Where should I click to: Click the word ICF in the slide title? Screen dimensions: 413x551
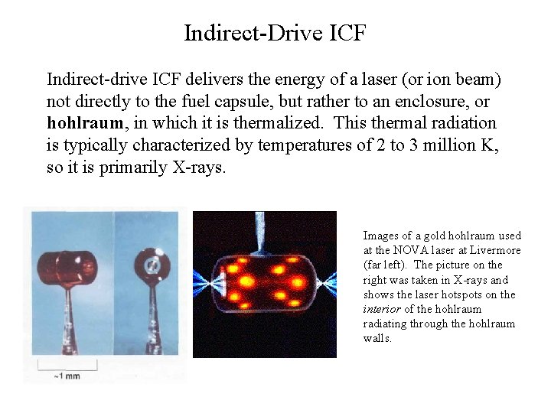pos(349,34)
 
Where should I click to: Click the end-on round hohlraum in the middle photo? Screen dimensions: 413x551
pos(152,265)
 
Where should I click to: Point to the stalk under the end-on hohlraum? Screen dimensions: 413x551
pos(152,314)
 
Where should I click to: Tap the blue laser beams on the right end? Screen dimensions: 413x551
pos(326,280)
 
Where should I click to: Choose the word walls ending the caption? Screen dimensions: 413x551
pos(377,338)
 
